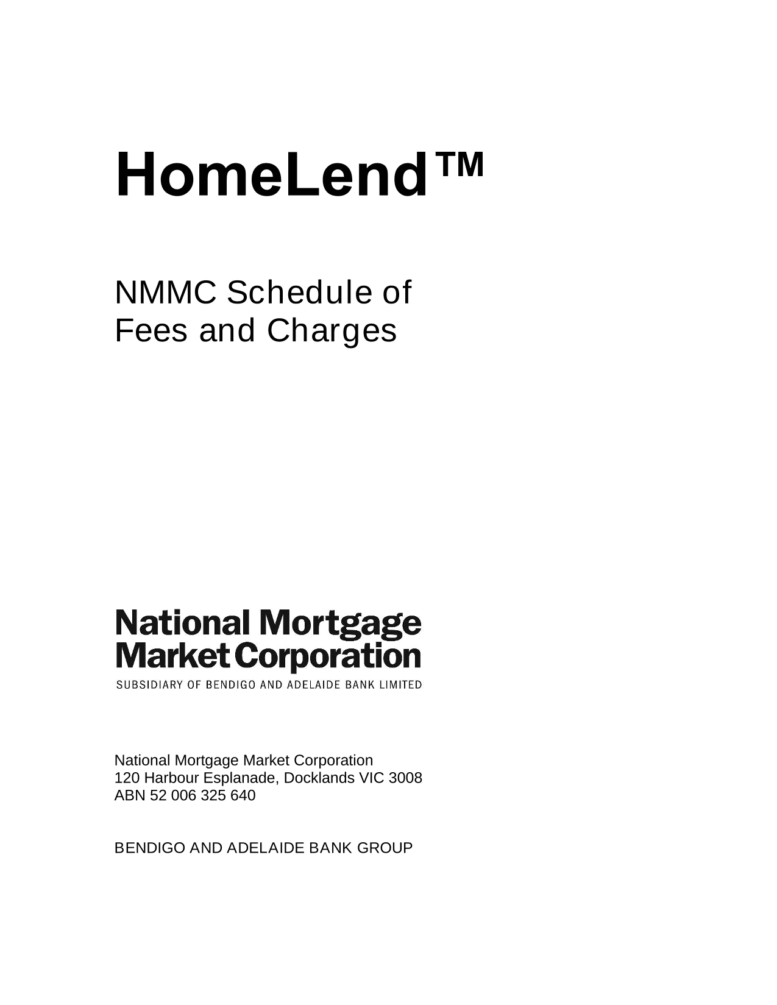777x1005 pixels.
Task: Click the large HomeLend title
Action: tap(271, 175)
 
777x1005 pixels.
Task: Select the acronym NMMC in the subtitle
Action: tap(166, 293)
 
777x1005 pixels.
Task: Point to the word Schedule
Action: tap(299, 293)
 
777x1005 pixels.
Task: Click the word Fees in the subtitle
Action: tap(151, 331)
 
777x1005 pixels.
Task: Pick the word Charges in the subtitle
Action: tap(332, 333)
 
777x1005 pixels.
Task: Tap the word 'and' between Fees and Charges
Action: tap(227, 330)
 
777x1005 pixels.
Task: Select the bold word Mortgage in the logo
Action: tap(340, 625)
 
